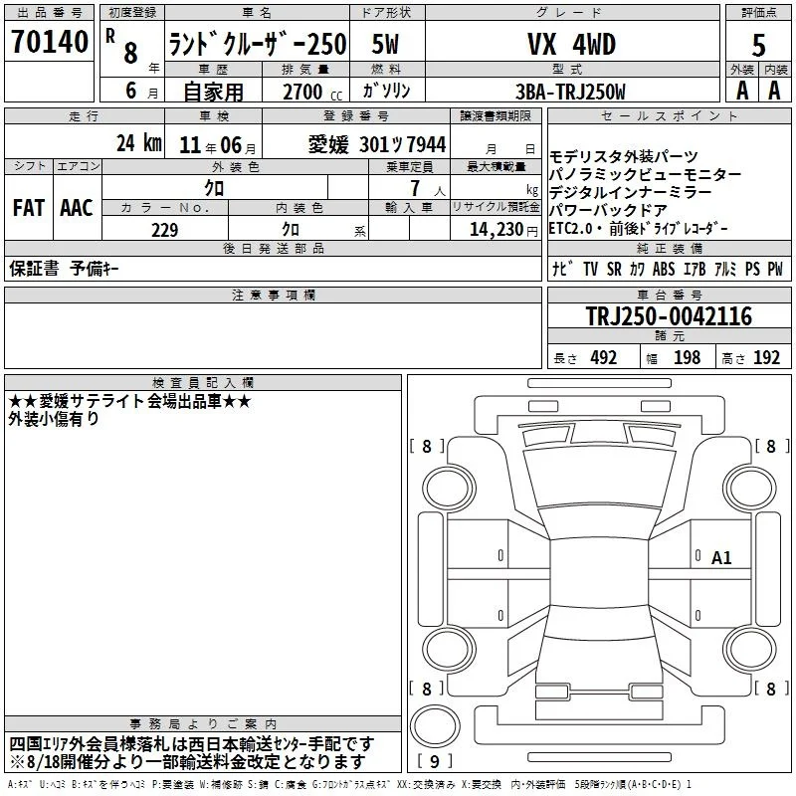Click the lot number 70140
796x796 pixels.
click(49, 41)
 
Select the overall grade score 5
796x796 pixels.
click(758, 45)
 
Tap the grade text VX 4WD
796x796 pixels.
click(572, 44)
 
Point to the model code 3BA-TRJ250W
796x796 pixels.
click(570, 92)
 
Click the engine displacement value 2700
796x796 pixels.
click(302, 92)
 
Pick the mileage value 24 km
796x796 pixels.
click(138, 143)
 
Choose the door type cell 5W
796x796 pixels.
click(385, 44)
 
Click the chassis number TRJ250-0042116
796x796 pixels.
click(669, 316)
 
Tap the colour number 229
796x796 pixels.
click(165, 230)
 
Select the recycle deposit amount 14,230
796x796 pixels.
click(497, 230)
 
